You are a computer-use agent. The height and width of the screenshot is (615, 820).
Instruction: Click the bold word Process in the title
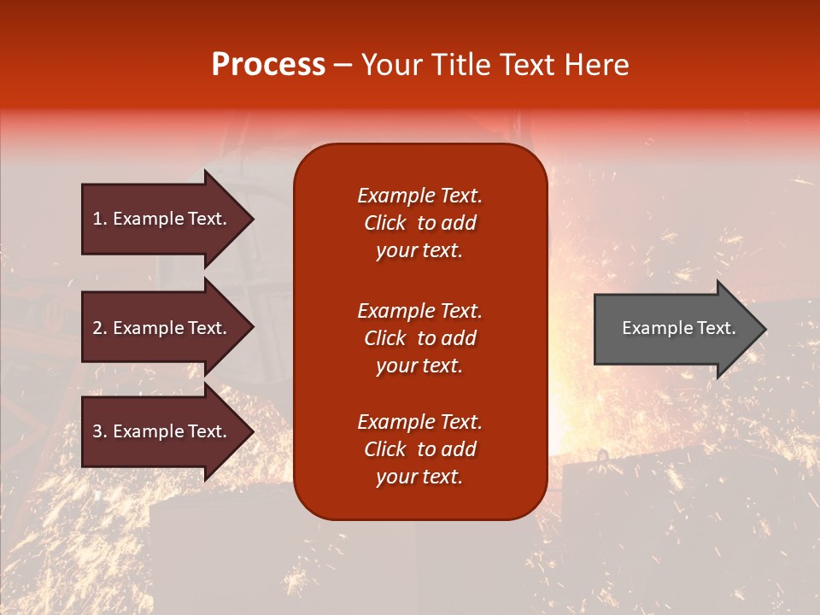point(268,65)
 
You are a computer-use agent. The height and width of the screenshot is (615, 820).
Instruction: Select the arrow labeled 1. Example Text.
point(162,219)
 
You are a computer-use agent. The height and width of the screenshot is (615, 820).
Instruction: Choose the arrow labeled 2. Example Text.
point(162,328)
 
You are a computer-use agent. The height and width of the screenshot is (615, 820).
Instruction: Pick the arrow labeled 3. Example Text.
point(162,431)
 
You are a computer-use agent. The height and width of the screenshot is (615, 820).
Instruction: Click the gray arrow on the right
point(675,329)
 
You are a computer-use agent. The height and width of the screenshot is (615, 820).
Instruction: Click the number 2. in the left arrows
point(100,328)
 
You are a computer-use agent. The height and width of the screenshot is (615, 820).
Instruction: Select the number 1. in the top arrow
point(100,219)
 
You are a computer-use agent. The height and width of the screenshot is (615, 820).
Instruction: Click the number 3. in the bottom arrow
point(100,431)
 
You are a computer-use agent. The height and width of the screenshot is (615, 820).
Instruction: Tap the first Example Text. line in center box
point(419,196)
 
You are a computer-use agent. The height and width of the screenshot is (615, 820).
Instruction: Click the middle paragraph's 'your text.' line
point(419,366)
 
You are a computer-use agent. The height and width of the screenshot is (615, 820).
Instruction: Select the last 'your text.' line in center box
point(419,477)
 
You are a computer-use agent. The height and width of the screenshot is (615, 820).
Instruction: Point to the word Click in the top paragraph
point(385,223)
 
